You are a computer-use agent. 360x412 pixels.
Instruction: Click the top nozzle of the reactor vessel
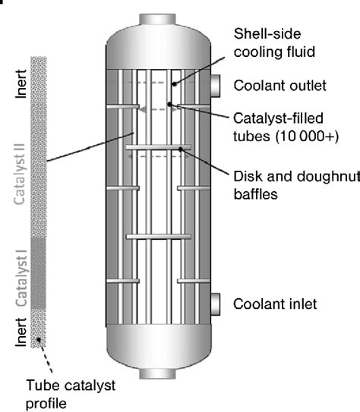149,9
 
